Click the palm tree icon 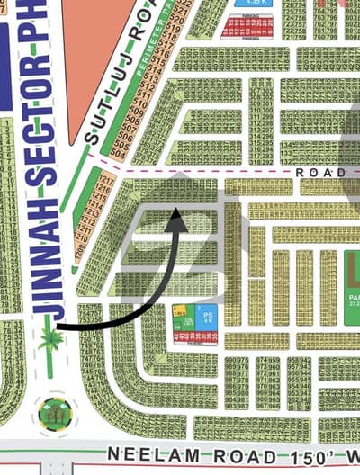point(50,340)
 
